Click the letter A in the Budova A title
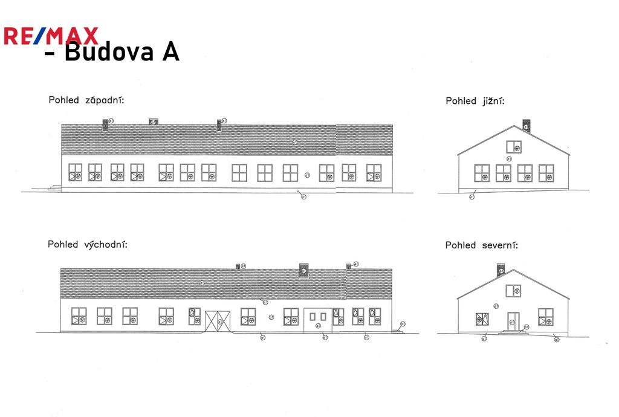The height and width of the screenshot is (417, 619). pos(170,53)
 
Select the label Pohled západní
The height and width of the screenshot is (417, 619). pos(86,100)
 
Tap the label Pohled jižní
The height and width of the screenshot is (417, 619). pos(475,101)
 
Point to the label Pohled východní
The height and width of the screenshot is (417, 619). pos(87,245)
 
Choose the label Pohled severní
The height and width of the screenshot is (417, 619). pos(481,245)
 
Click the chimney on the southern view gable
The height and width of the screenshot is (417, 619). pos(526,125)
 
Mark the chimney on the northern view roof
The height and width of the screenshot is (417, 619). pos(501,270)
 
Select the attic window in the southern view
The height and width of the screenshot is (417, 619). pos(514,147)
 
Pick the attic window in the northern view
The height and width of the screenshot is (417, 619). pos(513,291)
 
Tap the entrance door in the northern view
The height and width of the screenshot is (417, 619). pos(513,320)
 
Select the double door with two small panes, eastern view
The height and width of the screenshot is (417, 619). pos(317,317)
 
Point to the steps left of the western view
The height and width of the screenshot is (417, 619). pos(55,188)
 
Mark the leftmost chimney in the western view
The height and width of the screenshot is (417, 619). pos(106,124)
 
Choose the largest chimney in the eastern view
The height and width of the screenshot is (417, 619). pos(303,269)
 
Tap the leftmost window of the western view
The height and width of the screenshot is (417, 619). pos(75,172)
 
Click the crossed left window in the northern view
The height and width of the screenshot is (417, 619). pos(483,317)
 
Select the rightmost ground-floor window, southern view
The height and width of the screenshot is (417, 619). pos(546,173)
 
